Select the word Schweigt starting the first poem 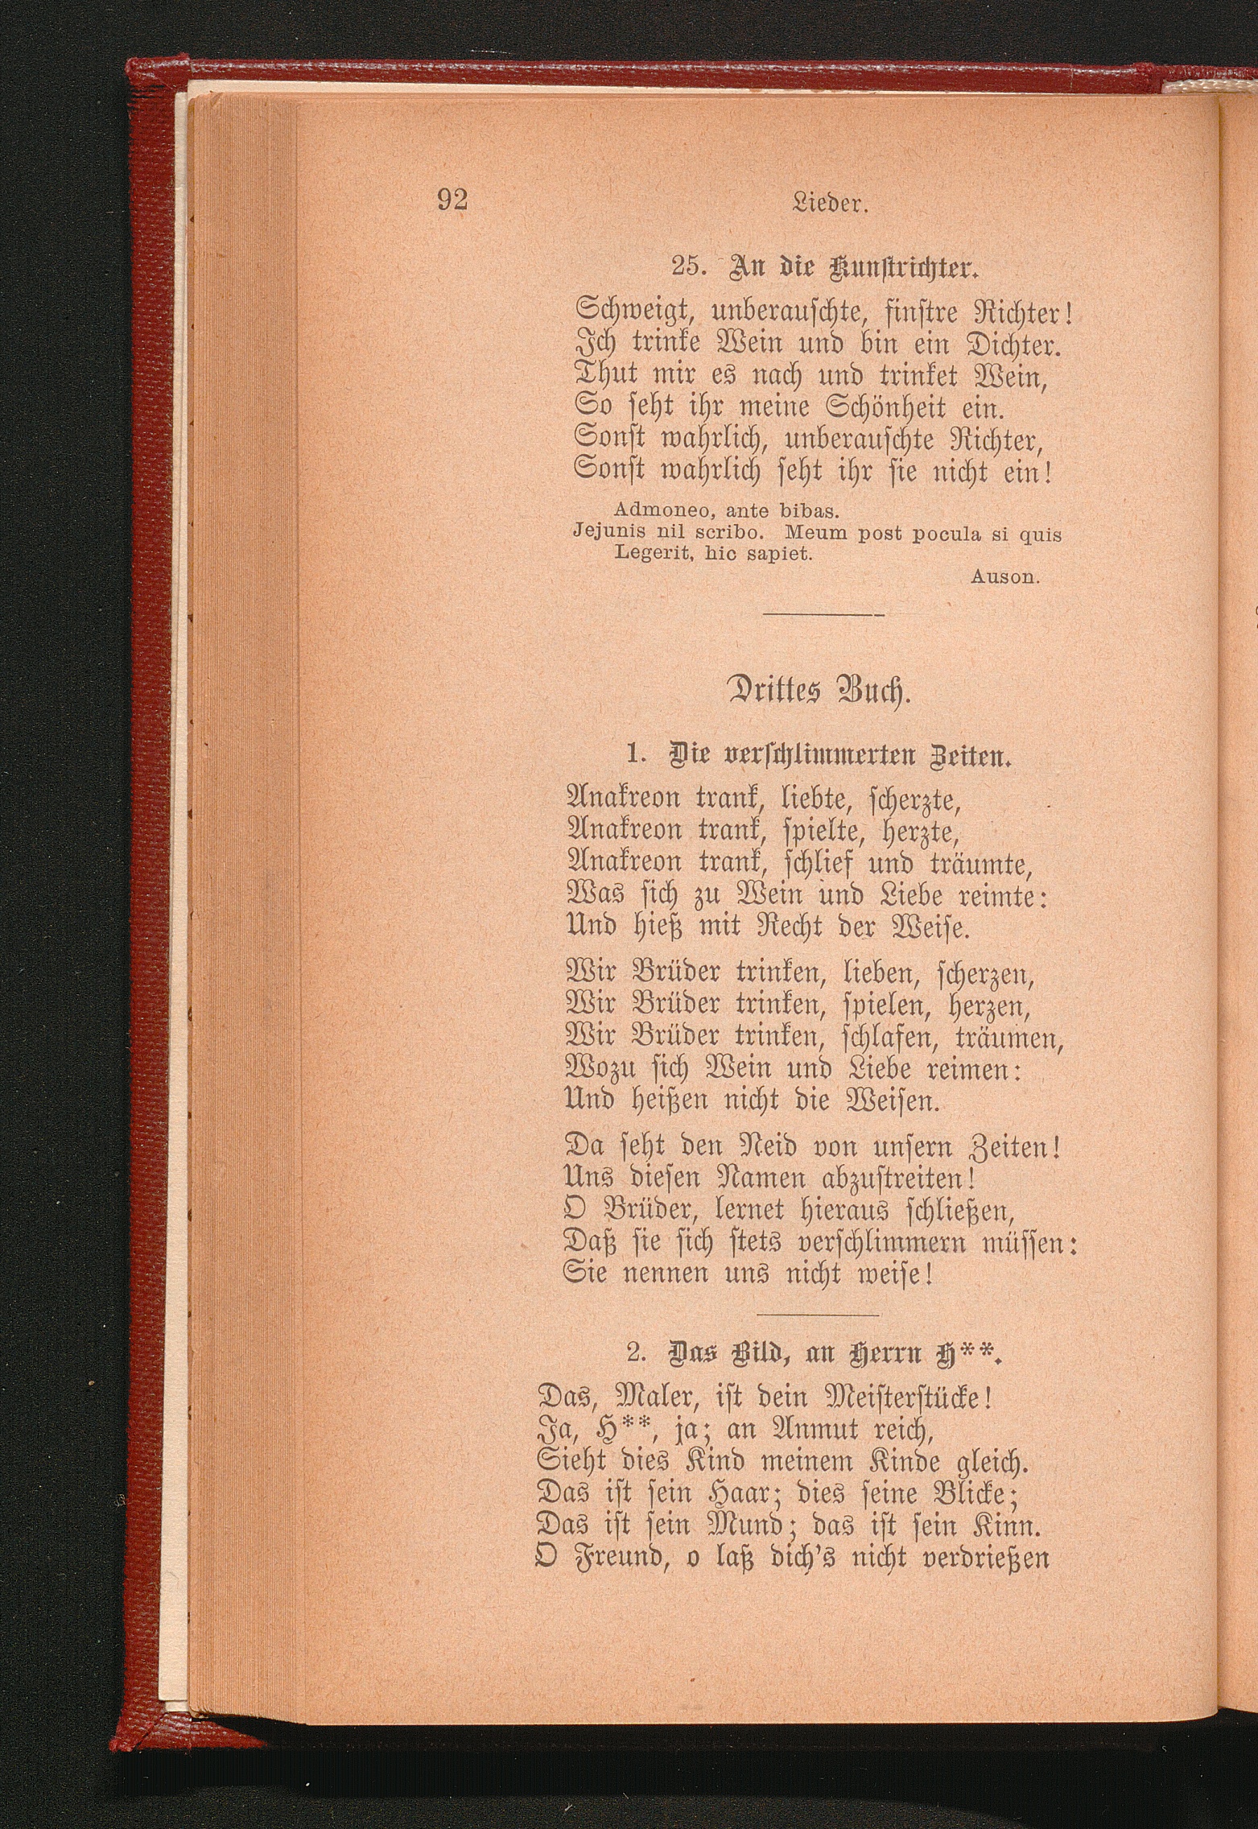pos(637,309)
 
